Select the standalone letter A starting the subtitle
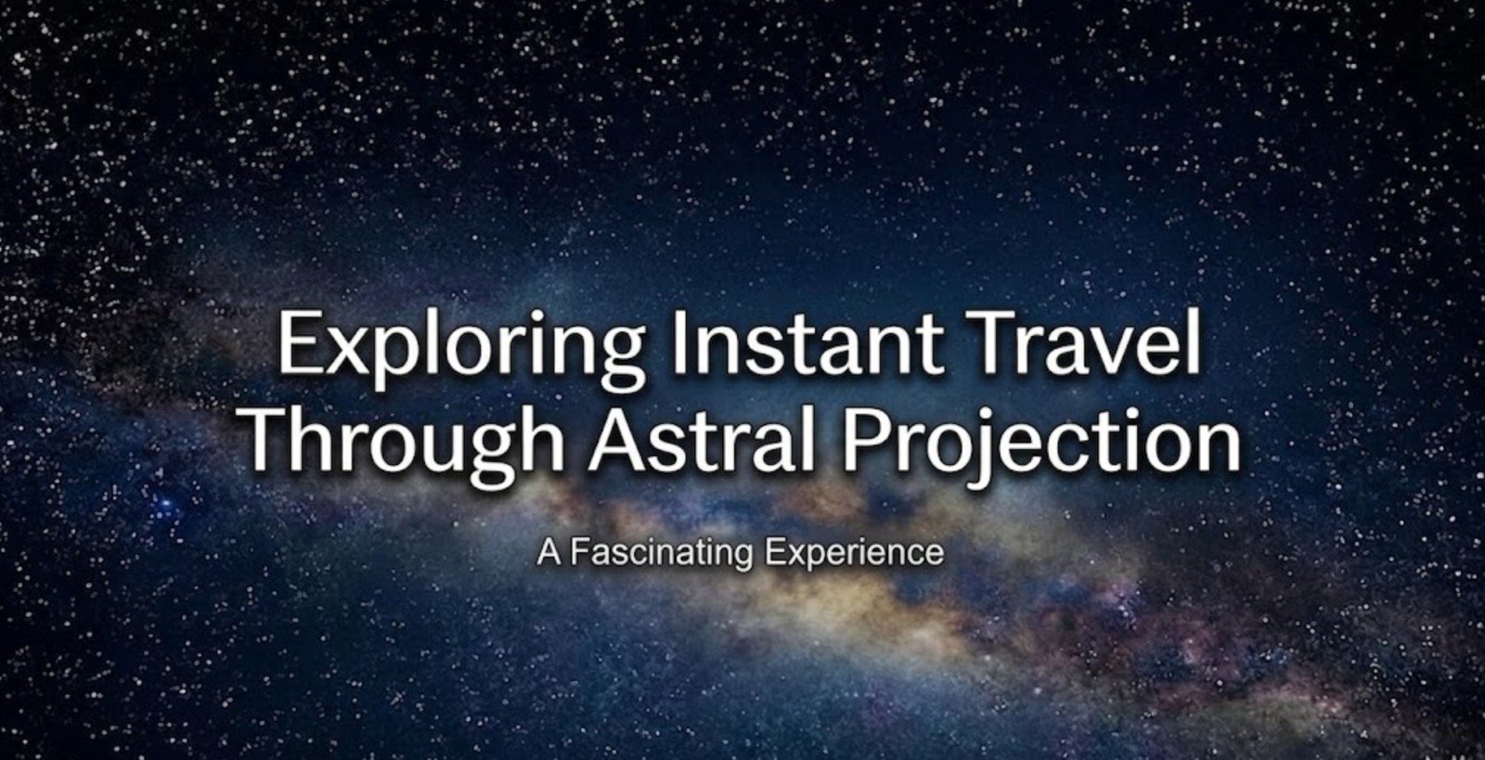pos(549,553)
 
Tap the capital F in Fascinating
pos(576,553)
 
